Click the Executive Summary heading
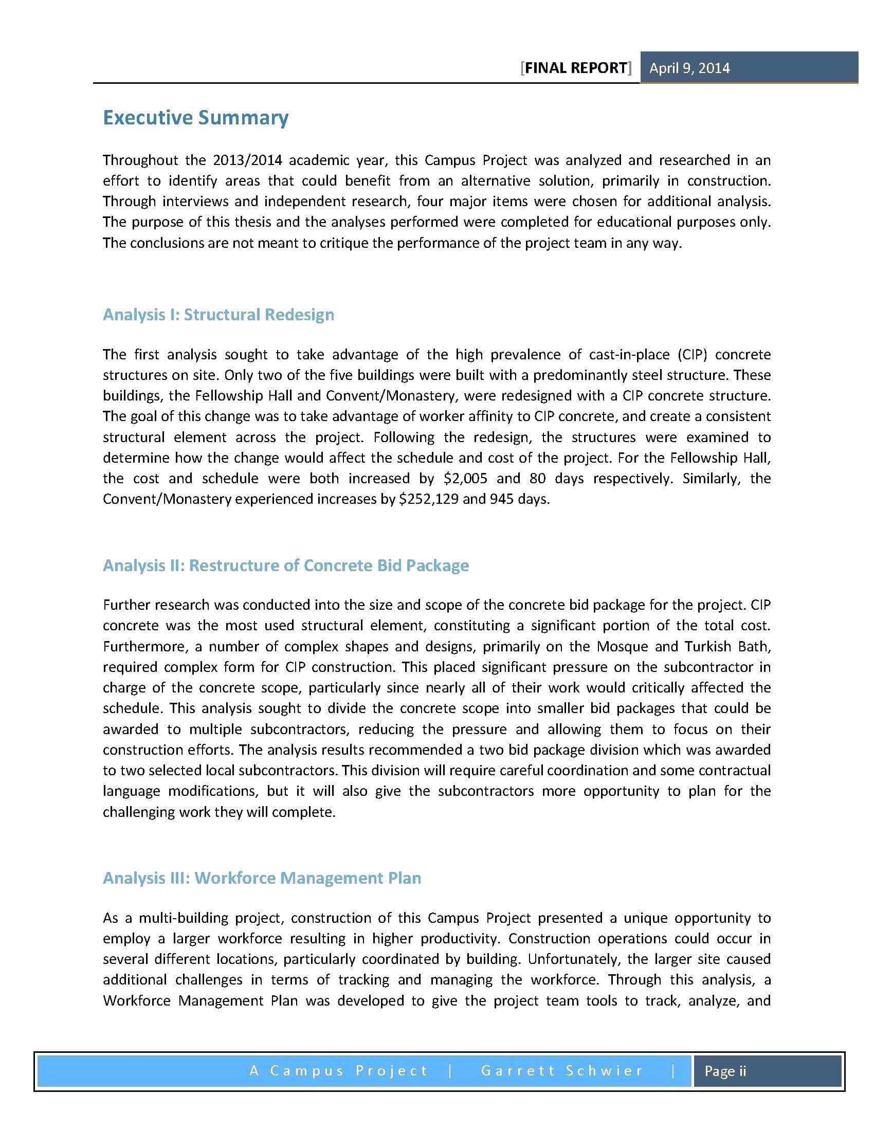(x=196, y=118)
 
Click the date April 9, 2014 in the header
(x=689, y=68)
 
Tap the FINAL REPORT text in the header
(x=576, y=68)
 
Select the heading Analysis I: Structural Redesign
(x=218, y=314)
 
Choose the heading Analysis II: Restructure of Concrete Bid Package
(x=285, y=565)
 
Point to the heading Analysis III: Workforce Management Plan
(x=262, y=878)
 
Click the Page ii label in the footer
(x=725, y=1071)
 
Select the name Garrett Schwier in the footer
(x=562, y=1071)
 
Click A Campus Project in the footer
(x=339, y=1071)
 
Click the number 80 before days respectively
(x=537, y=478)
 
